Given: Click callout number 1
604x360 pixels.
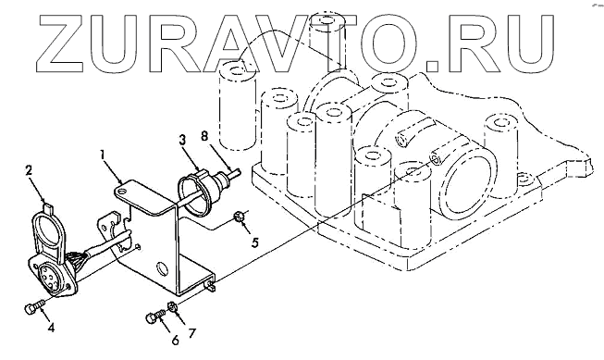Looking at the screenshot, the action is pyautogui.click(x=102, y=155).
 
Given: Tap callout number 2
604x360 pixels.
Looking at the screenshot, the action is pyautogui.click(x=29, y=170).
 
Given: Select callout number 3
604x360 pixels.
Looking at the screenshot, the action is pyautogui.click(x=182, y=140).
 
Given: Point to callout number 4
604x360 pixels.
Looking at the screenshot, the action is pyautogui.click(x=51, y=328).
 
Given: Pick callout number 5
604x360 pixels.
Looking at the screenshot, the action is pyautogui.click(x=254, y=242).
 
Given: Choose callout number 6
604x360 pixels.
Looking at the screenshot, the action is pyautogui.click(x=175, y=340).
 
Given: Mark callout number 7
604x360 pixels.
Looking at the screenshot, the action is pyautogui.click(x=191, y=333).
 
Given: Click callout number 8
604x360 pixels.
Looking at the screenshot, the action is pyautogui.click(x=204, y=135).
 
